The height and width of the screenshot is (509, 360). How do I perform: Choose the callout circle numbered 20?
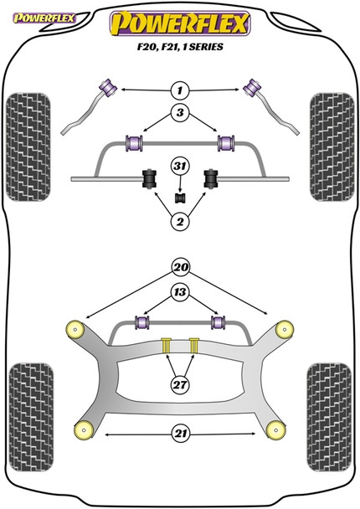[179, 269]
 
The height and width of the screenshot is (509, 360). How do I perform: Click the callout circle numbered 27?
[179, 386]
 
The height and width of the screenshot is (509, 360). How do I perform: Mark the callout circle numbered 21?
[179, 434]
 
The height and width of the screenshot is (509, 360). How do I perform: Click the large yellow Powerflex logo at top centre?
[180, 24]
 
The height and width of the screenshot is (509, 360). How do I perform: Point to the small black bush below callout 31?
[179, 198]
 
